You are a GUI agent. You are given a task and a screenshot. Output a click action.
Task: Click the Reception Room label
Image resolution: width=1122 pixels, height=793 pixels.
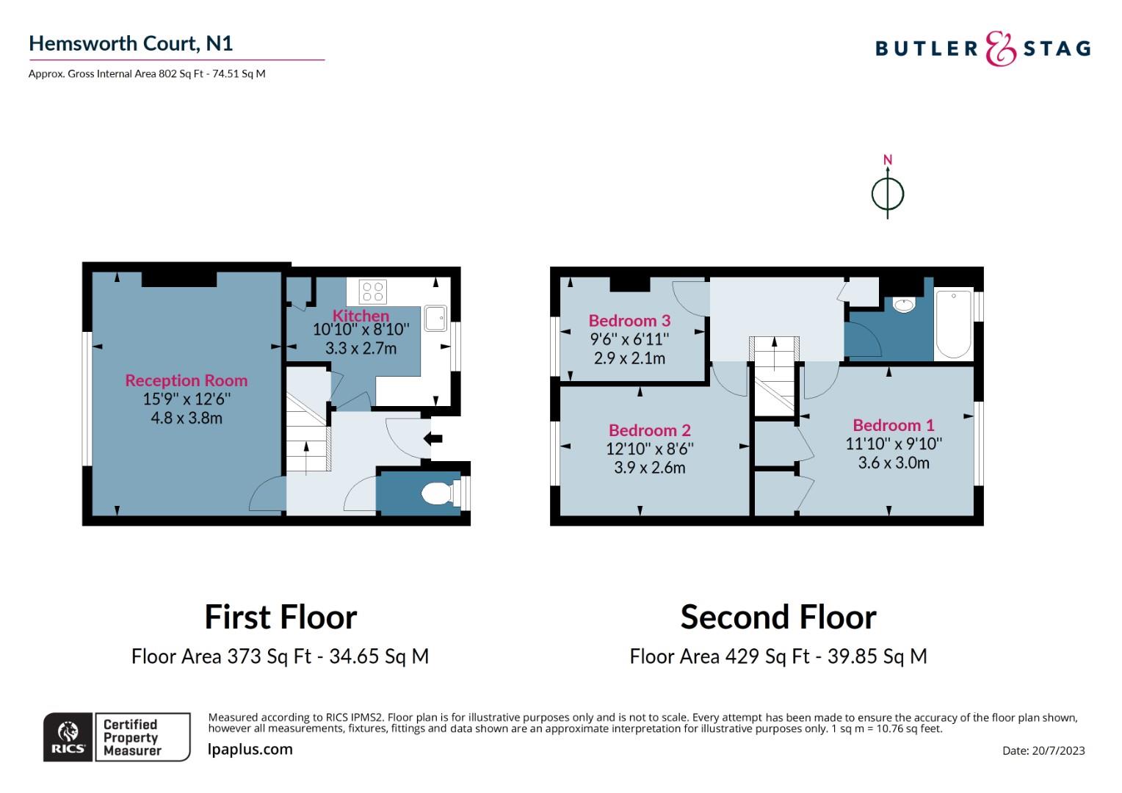tap(187, 380)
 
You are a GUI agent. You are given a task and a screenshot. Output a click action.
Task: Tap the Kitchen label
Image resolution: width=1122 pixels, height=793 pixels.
tap(361, 316)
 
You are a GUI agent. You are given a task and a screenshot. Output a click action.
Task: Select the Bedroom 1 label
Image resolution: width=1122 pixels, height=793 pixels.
tap(894, 425)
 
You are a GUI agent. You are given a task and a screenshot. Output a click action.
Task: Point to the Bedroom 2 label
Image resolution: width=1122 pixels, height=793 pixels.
tap(650, 430)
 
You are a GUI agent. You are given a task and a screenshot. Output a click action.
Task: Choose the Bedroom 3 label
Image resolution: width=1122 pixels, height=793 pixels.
tap(629, 321)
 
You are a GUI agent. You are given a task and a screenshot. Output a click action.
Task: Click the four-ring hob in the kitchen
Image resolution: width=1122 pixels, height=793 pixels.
tap(373, 292)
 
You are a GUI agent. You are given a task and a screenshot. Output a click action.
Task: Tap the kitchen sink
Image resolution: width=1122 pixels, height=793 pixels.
tap(435, 319)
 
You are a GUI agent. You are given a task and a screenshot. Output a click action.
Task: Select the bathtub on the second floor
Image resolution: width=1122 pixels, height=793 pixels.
tap(954, 325)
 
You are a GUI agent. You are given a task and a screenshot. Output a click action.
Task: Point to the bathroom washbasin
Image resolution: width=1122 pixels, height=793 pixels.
tap(904, 305)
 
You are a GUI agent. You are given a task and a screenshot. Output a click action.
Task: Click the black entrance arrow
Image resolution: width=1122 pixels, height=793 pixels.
tap(432, 439)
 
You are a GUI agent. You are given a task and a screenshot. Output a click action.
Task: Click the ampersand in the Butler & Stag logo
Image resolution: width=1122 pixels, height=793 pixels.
tap(1001, 48)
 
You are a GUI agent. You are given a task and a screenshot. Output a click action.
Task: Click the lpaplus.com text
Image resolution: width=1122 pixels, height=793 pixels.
tap(250, 750)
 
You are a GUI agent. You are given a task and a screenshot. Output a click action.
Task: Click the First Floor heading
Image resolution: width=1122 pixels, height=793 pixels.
tap(280, 617)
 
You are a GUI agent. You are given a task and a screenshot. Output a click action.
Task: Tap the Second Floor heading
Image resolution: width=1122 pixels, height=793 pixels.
tap(778, 617)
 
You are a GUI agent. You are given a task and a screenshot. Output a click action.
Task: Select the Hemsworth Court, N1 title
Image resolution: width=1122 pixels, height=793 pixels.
tap(131, 43)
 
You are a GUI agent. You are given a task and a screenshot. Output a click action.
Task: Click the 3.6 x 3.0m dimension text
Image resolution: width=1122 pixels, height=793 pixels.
tap(894, 463)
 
